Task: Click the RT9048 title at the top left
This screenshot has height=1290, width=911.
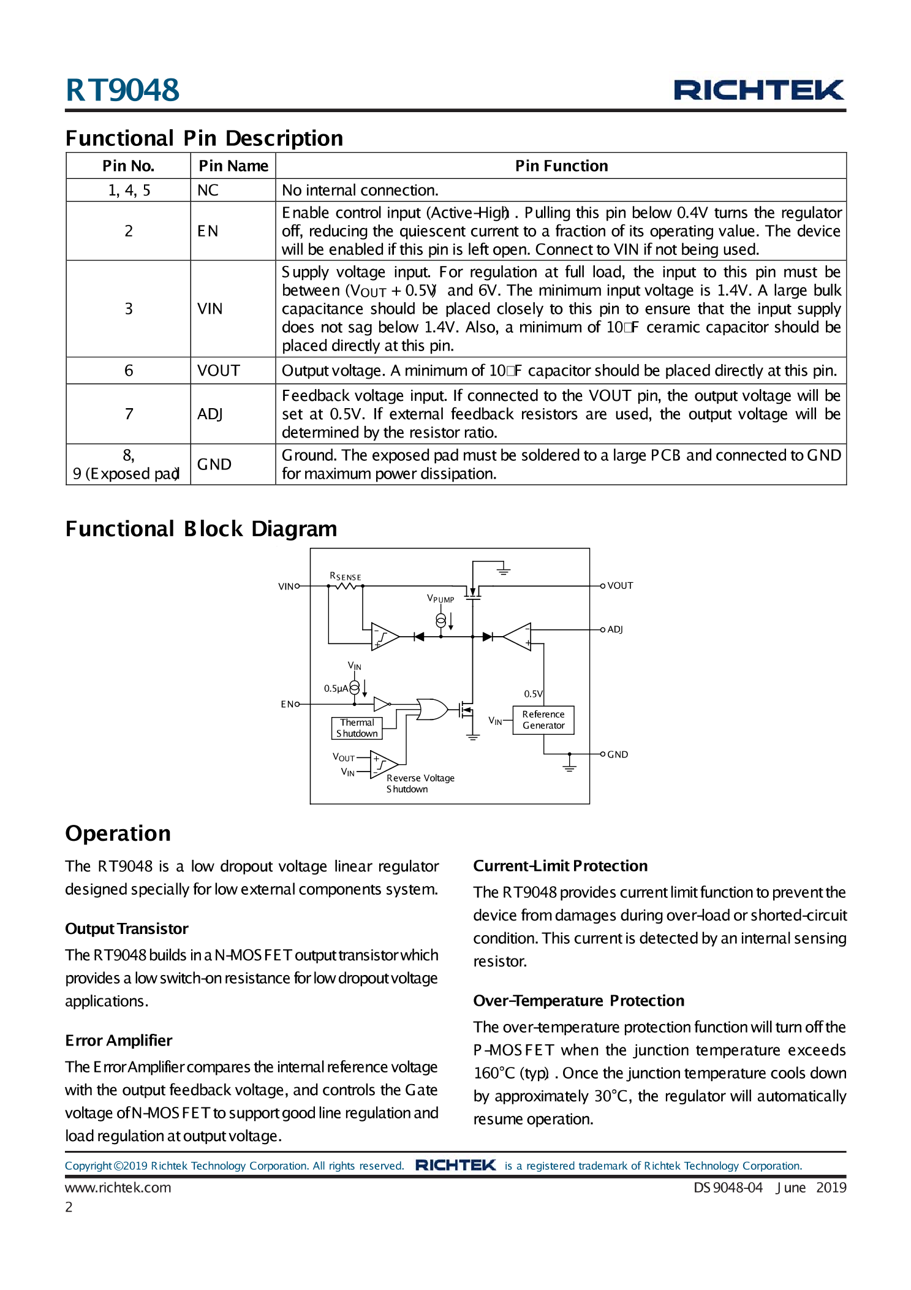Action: (x=122, y=90)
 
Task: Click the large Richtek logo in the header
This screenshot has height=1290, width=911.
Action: (x=758, y=90)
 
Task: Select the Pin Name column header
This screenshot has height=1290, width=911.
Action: (x=233, y=166)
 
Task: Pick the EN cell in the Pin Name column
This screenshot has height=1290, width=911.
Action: (x=208, y=231)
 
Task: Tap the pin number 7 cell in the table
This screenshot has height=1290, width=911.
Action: (x=129, y=414)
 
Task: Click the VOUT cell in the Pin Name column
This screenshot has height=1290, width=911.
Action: (x=218, y=371)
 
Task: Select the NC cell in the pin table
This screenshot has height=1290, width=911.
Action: (x=208, y=191)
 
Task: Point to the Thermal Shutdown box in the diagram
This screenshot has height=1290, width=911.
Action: (x=357, y=728)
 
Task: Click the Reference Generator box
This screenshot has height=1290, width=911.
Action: (x=543, y=720)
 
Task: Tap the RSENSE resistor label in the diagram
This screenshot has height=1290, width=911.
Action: (x=345, y=577)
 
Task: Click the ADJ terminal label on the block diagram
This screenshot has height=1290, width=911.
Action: (x=614, y=629)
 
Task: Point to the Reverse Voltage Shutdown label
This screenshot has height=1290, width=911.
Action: (x=420, y=783)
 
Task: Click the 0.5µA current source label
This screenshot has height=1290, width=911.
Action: (x=336, y=688)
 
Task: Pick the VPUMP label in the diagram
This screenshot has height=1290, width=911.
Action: (x=440, y=599)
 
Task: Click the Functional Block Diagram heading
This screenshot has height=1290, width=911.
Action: (x=201, y=529)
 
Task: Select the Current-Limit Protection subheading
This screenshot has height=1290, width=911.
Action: (x=560, y=866)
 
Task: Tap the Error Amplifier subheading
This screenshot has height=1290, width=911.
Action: (x=118, y=1041)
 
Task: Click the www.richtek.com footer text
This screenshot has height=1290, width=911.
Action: (x=118, y=1188)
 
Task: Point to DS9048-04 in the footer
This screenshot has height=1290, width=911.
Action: (x=728, y=1188)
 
